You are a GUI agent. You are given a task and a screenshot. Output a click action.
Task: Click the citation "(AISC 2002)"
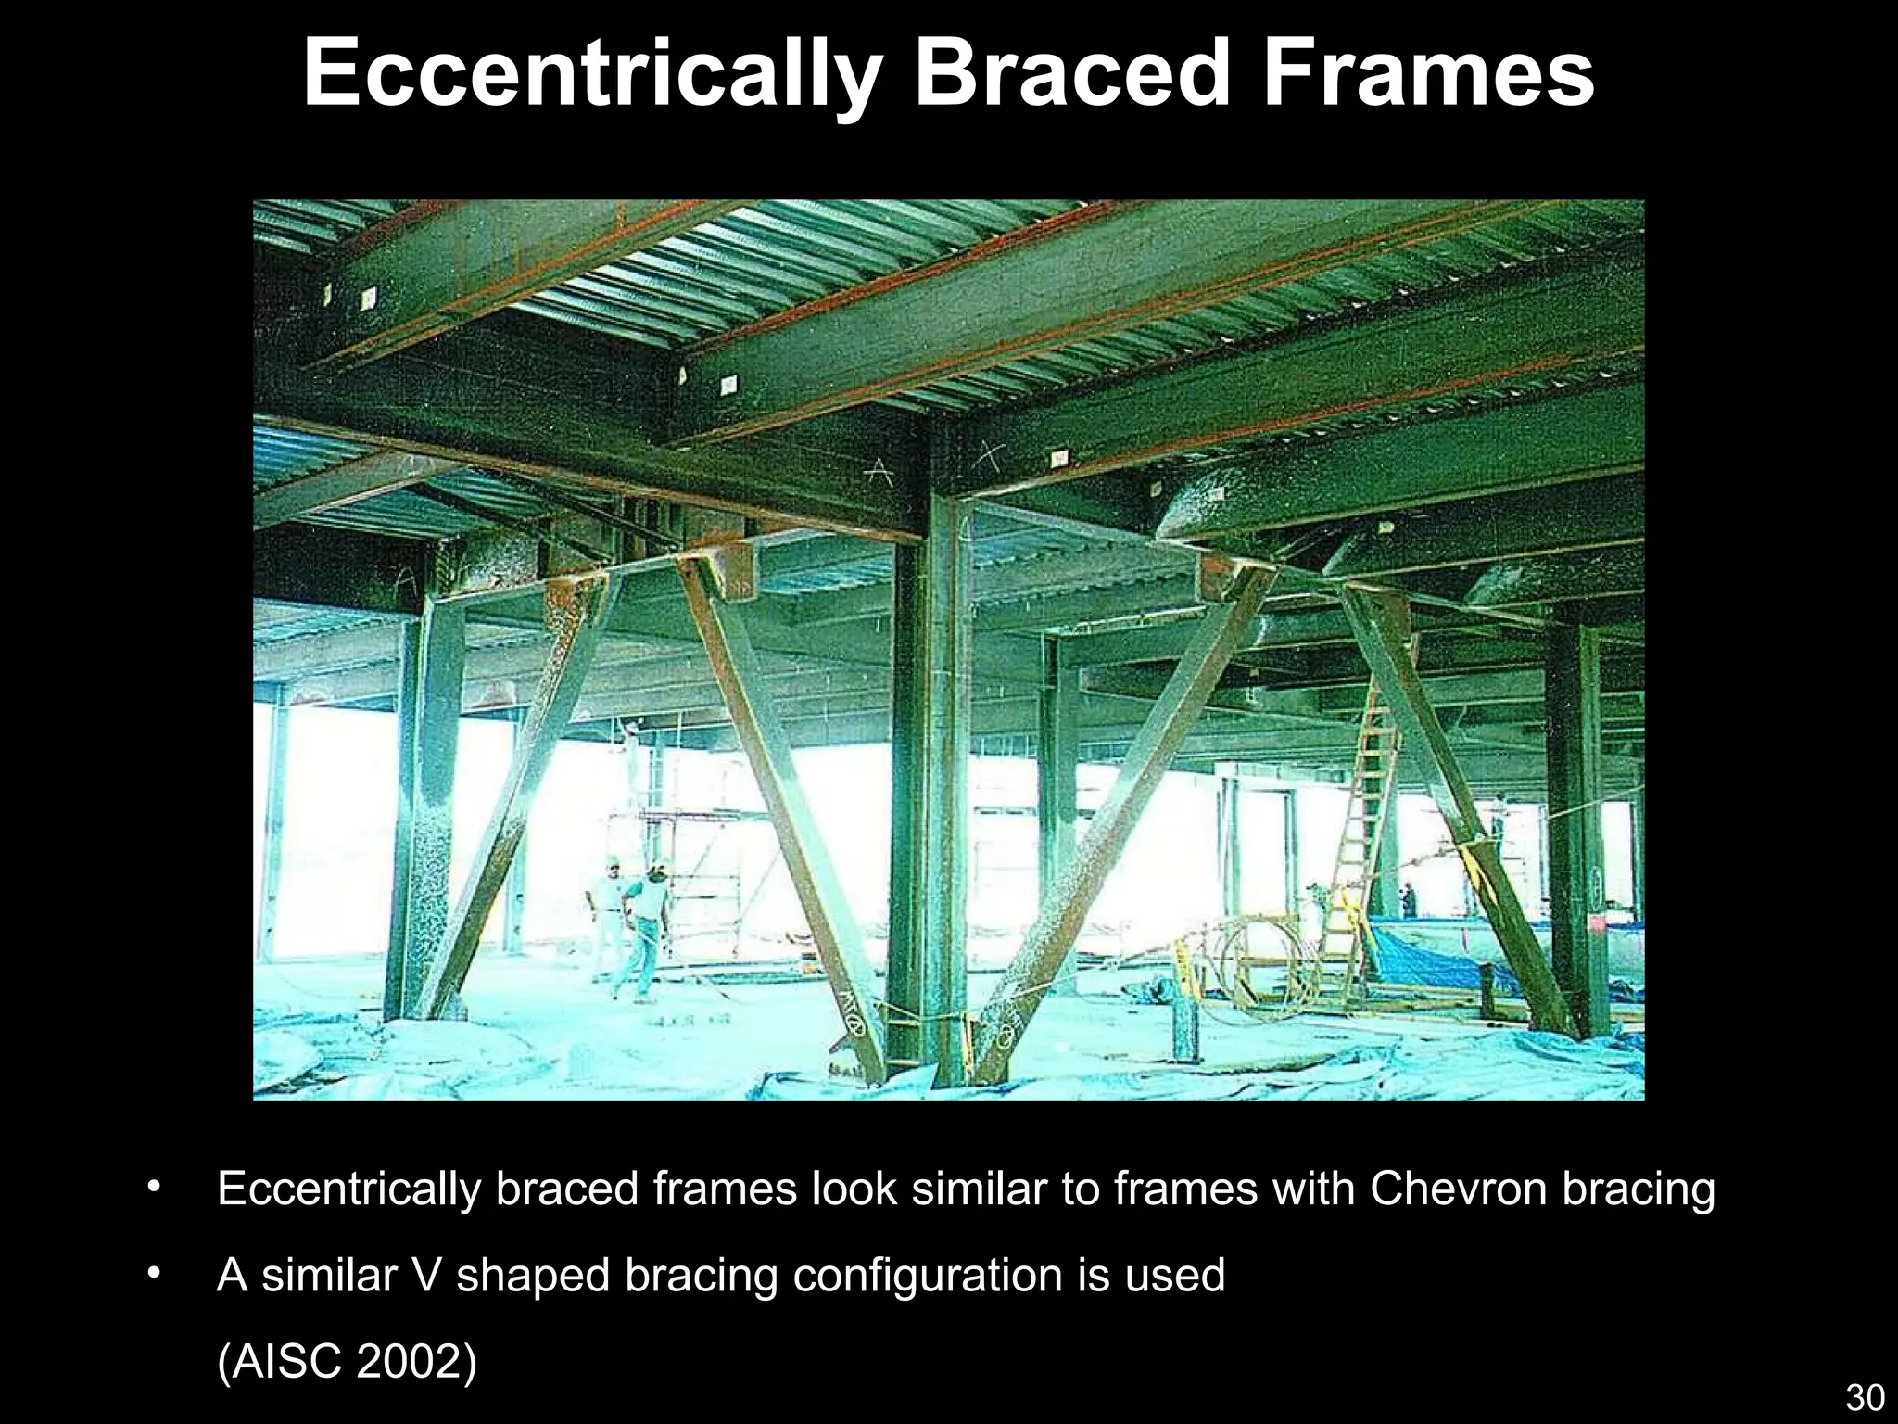[x=347, y=1361]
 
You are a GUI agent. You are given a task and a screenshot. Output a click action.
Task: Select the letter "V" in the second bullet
[x=426, y=1276]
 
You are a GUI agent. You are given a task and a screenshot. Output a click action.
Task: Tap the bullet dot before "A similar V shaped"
[x=155, y=1274]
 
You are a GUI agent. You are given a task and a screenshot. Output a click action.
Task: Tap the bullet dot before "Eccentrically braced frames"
[x=155, y=1187]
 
